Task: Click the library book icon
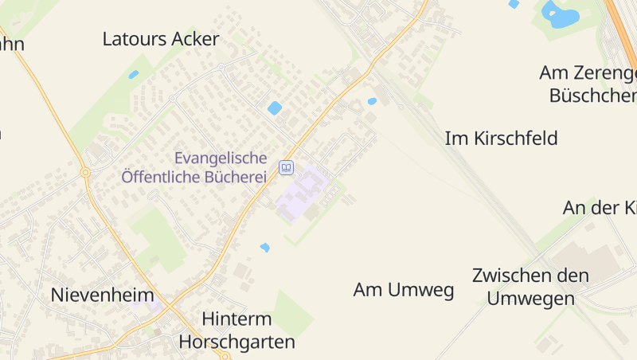286,167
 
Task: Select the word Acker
195,39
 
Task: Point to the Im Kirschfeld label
502,138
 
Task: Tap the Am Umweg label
404,290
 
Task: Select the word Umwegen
531,299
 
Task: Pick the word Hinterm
236,319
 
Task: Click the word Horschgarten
236,342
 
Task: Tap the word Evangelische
221,158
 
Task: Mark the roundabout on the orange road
84,172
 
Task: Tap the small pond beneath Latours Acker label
134,74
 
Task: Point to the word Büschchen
594,96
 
